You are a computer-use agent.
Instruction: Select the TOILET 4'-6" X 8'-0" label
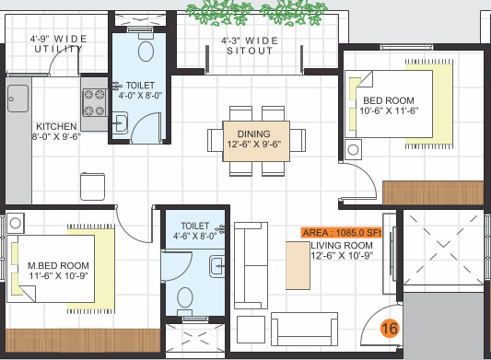(x=195, y=230)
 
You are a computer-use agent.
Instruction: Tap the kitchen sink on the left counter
(x=18, y=95)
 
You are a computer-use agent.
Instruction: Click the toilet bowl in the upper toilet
(x=146, y=51)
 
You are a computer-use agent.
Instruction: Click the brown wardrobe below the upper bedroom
(x=432, y=192)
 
